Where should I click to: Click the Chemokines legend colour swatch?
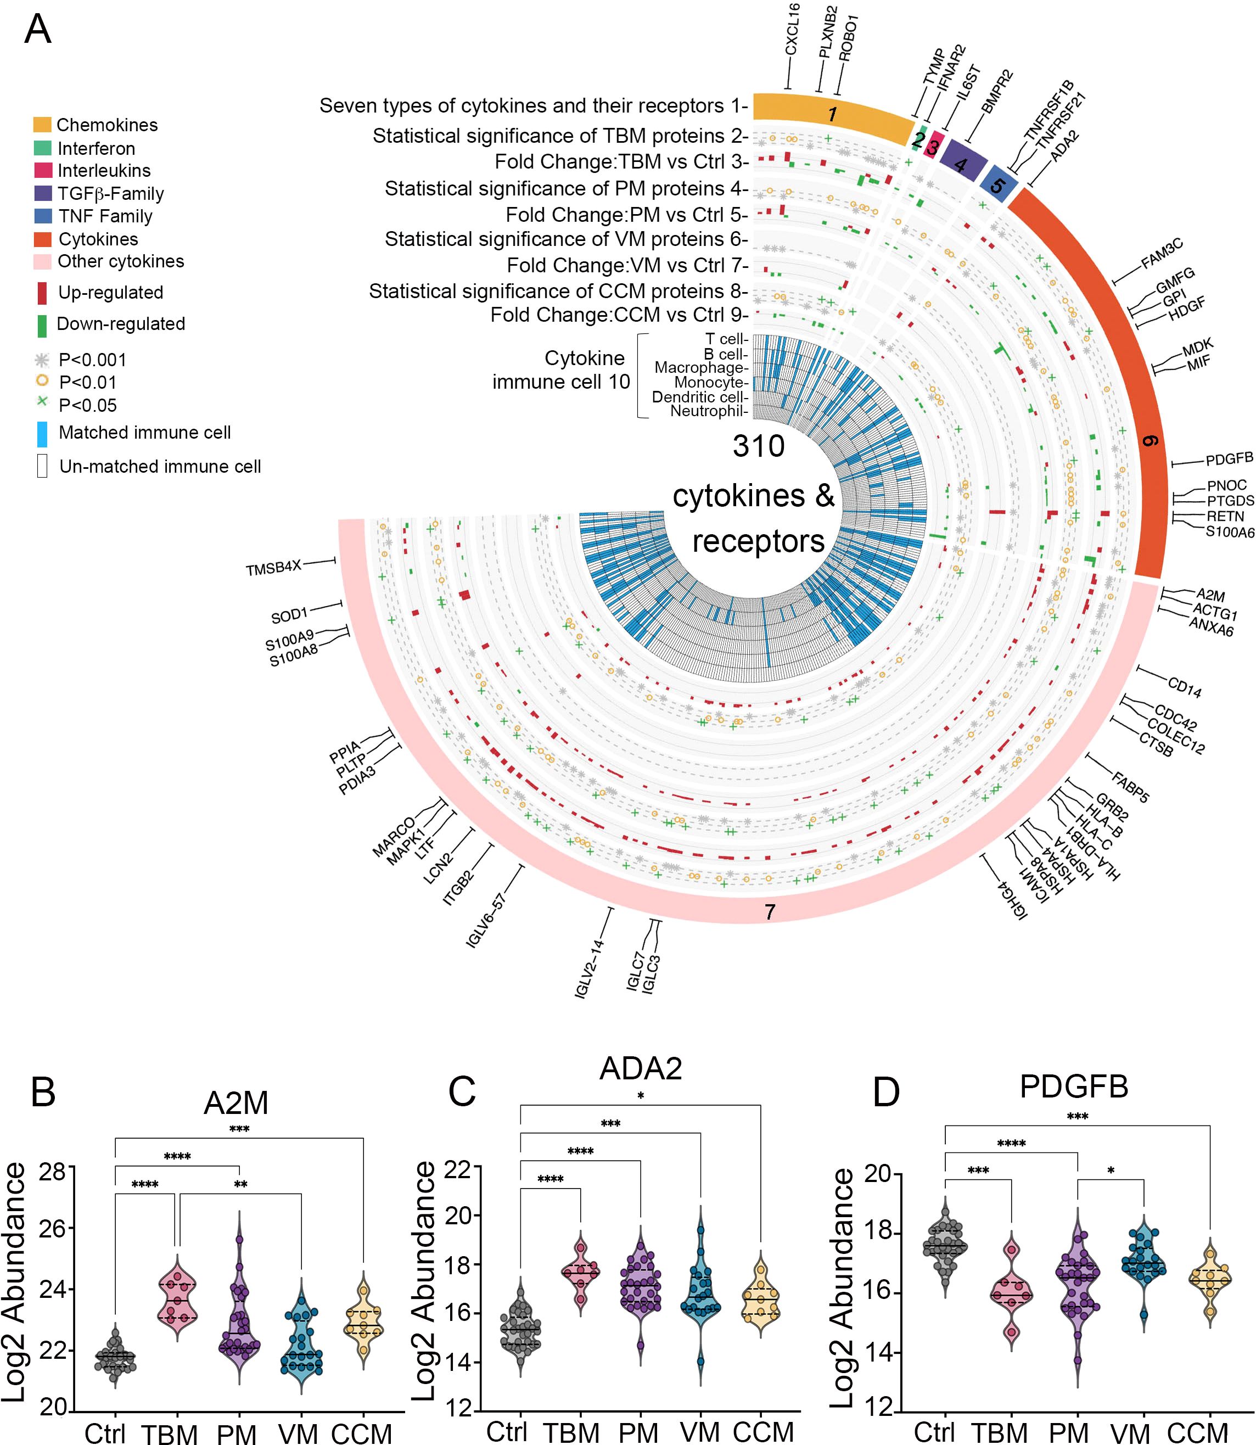(x=42, y=125)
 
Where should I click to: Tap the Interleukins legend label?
(x=104, y=170)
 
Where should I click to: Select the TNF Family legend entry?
(x=105, y=216)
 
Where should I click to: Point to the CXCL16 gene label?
(x=792, y=30)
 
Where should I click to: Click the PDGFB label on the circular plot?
(x=1229, y=459)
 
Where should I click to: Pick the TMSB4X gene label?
(x=273, y=568)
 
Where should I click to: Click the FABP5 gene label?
(x=1130, y=786)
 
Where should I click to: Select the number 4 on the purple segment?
(x=960, y=165)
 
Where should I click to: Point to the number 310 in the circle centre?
(x=758, y=446)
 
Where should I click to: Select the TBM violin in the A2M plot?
(x=177, y=1300)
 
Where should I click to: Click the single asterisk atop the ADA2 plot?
(x=641, y=1096)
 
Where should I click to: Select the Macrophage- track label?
(x=701, y=368)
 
